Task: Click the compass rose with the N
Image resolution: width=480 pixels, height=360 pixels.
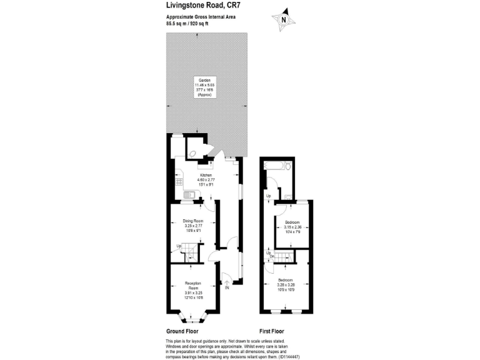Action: click(284, 19)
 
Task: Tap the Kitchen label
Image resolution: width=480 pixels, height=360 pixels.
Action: click(206, 175)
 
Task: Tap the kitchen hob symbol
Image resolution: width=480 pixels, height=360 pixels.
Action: click(179, 182)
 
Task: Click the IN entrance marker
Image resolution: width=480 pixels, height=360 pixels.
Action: click(227, 288)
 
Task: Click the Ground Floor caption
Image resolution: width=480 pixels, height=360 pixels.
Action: click(182, 331)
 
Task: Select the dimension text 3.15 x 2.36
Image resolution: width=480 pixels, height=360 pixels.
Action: click(292, 227)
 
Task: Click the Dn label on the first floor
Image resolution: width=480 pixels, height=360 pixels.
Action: click(272, 256)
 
